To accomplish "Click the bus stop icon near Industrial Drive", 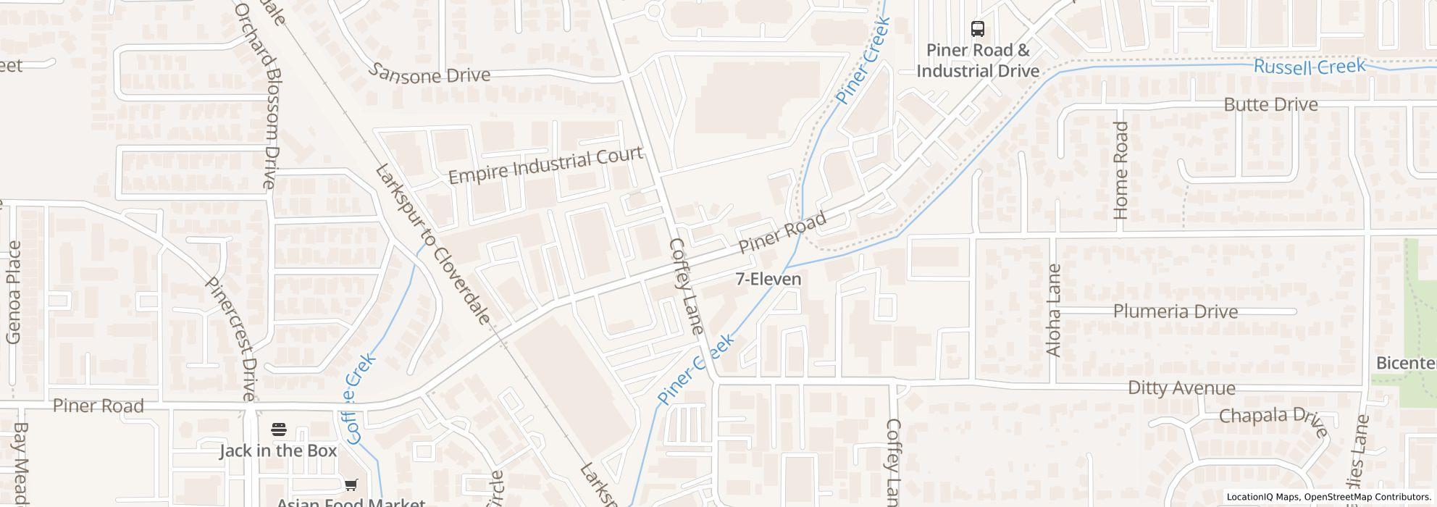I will click(978, 29).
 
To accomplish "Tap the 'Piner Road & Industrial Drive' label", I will click(978, 60).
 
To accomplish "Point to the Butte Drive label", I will click(1270, 105).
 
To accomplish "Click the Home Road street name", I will click(1121, 170).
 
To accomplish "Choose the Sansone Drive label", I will click(430, 74).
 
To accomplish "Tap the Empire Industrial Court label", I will click(545, 166).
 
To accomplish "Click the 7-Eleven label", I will click(768, 279).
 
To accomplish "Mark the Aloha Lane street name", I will click(1054, 310).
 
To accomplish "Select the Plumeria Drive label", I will click(1175, 312).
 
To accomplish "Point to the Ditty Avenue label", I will click(1181, 388).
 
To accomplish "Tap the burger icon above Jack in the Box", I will click(279, 430).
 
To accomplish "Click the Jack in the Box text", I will click(278, 451).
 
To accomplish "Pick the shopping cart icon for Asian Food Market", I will click(351, 485).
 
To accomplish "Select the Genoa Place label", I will click(14, 292).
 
